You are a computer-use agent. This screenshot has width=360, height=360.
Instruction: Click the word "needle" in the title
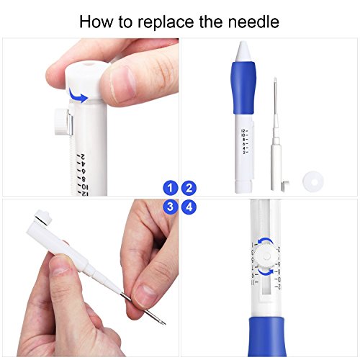coord(252,22)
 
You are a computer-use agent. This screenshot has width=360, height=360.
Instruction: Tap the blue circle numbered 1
coord(170,189)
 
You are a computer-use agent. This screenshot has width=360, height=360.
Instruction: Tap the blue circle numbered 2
coord(189,189)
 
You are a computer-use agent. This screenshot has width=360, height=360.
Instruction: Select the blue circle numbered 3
coord(170,207)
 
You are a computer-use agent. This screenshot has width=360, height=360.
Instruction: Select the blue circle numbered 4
coord(189,207)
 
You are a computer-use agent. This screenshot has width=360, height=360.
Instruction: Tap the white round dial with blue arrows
coord(266,258)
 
